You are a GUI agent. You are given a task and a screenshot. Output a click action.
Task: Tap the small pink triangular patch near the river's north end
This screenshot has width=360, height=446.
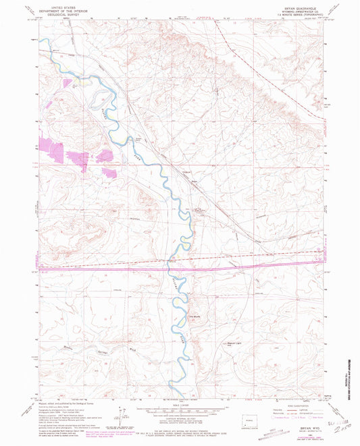pyautogui.click(x=69, y=83)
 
